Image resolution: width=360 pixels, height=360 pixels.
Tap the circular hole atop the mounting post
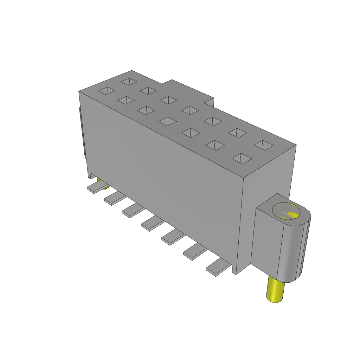287,212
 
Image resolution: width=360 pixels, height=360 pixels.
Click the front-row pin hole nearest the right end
242,158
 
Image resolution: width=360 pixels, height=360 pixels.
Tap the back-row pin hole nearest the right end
264,145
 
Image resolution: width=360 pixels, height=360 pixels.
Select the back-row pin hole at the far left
129,82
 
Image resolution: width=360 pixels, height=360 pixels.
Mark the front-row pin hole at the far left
106,91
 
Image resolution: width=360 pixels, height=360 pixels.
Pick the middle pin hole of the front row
167,122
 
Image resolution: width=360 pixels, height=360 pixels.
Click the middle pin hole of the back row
190,110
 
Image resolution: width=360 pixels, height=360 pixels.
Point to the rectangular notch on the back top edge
209,102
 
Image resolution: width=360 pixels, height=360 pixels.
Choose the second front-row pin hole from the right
215,145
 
